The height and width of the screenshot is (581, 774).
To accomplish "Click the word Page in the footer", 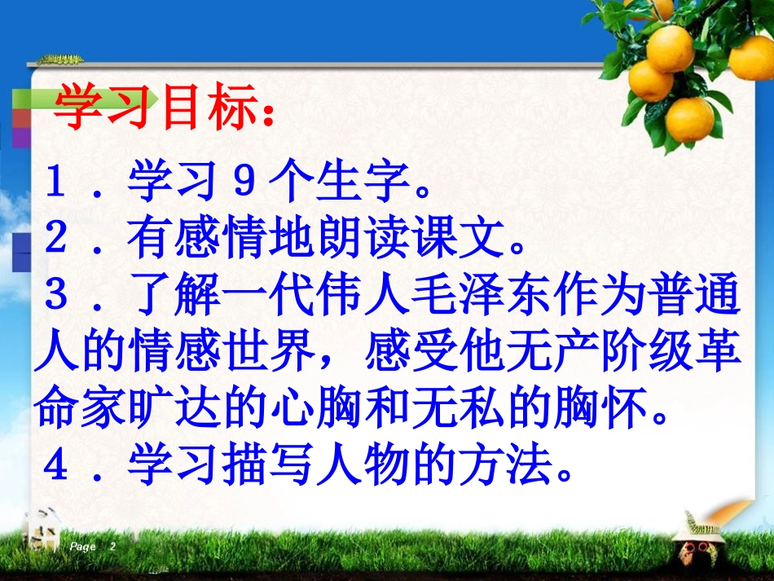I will coord(83,546).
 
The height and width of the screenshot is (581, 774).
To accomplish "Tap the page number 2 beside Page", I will coord(112,546).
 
